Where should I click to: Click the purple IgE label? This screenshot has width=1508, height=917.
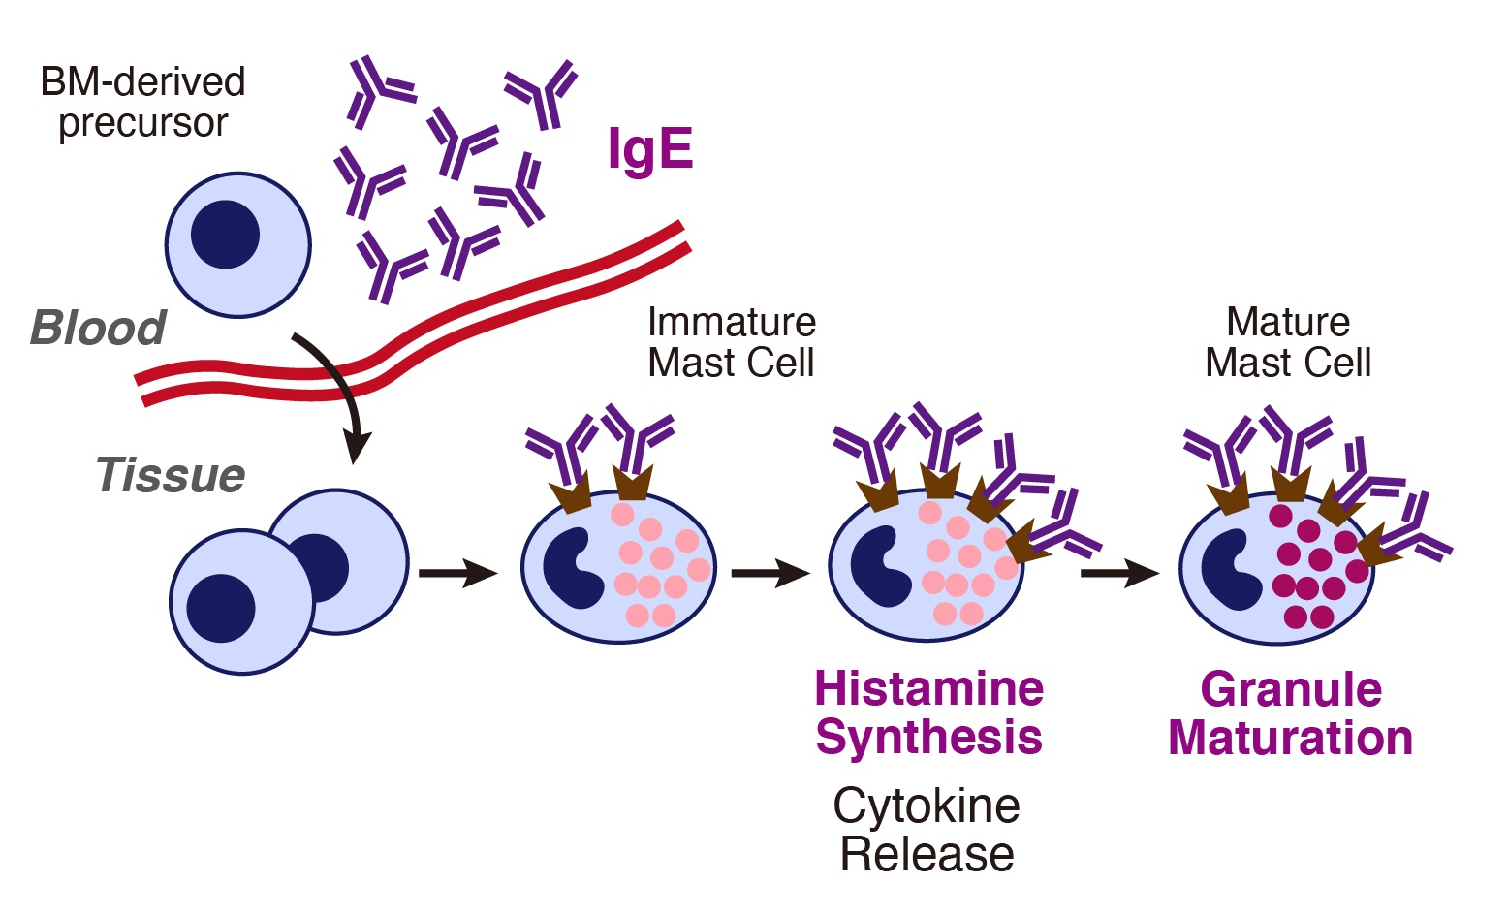650,150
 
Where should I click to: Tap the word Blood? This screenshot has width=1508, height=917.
98,328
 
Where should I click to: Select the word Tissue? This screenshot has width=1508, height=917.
171,476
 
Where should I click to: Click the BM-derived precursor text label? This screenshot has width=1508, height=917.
142,102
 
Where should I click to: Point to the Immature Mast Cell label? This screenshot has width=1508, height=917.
731,342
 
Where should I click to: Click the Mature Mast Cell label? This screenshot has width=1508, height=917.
1287,342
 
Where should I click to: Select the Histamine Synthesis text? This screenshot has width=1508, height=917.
928,712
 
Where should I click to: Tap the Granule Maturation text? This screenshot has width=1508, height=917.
1290,713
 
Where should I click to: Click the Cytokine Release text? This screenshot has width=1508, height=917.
927,830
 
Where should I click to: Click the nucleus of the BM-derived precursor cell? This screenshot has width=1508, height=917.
225,235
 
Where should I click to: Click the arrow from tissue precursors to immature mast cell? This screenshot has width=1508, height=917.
457,573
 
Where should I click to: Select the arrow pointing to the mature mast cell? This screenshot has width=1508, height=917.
1119,574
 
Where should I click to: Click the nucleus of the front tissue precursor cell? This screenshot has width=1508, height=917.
221,608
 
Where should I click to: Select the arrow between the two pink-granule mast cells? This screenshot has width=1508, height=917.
770,574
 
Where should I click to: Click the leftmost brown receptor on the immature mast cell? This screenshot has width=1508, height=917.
570,493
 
